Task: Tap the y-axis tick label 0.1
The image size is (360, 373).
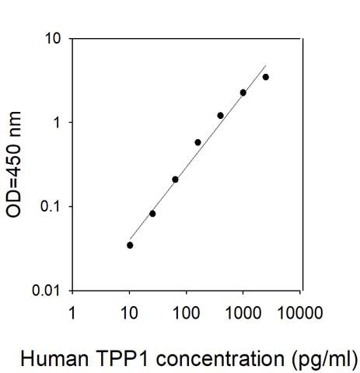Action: [x=47, y=207]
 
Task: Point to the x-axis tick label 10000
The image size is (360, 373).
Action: [x=299, y=314]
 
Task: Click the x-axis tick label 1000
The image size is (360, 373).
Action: [x=243, y=314]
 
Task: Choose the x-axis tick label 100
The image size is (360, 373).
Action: [x=186, y=314]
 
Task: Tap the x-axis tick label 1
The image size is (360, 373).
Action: [x=72, y=314]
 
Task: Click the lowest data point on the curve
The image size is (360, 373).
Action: [x=130, y=245]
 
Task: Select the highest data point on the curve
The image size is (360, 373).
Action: [x=266, y=77]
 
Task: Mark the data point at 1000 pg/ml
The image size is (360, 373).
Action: [x=243, y=92]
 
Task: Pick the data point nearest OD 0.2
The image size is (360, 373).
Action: [x=175, y=180]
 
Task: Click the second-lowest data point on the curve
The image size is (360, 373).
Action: [x=152, y=213]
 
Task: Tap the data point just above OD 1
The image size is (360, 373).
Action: [x=221, y=116]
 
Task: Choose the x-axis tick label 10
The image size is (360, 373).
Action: [x=129, y=314]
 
